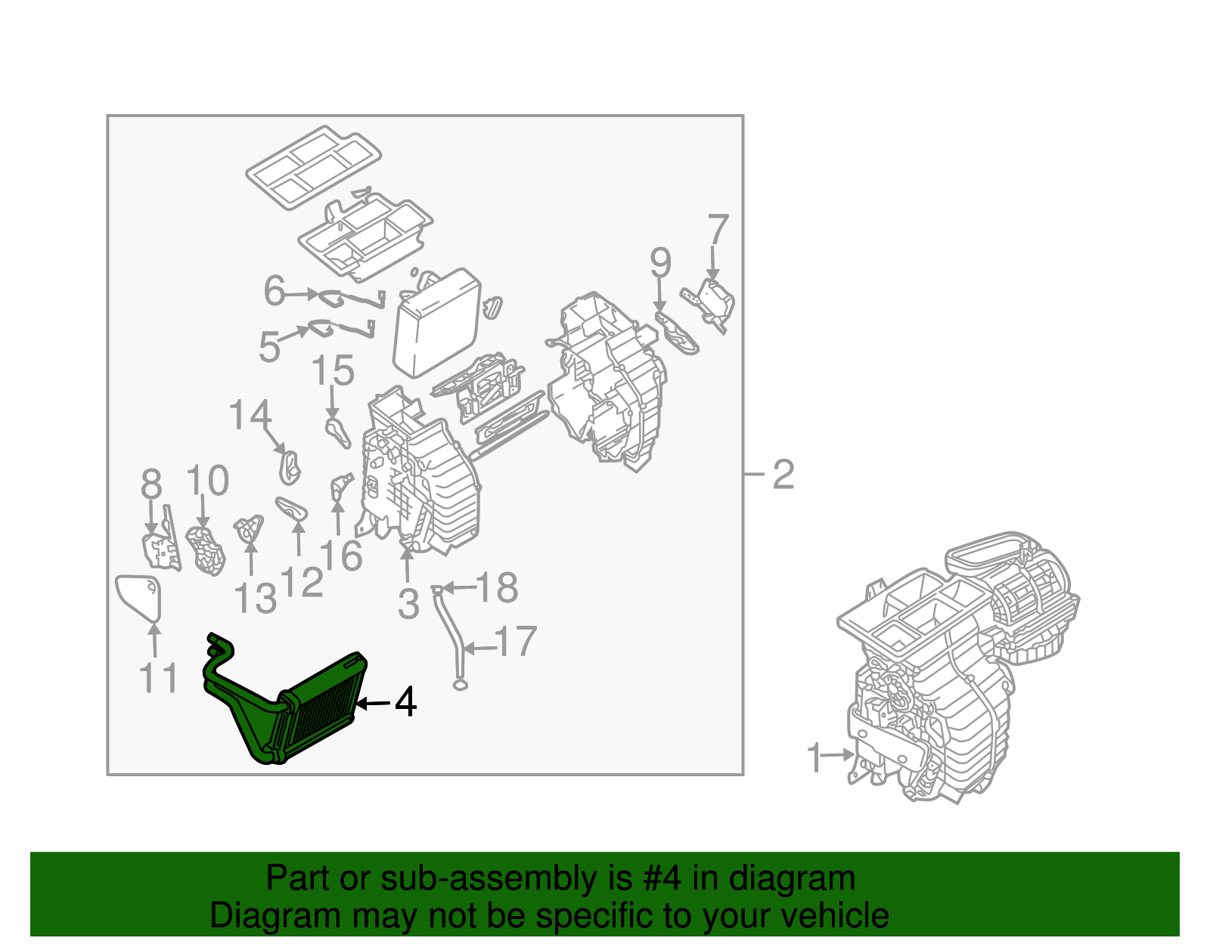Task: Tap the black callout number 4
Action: coord(405,702)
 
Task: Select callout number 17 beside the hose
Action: coord(516,642)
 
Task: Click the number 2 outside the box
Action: coord(783,475)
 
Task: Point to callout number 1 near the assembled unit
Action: coord(814,758)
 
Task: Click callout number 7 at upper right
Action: coord(718,230)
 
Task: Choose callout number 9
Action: coord(660,263)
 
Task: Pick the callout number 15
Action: coord(333,371)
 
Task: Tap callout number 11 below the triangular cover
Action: coord(159,678)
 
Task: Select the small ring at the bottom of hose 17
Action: coord(460,685)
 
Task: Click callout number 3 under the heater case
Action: coord(408,604)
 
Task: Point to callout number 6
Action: coord(274,291)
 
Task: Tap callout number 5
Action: coord(269,347)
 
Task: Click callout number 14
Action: coord(250,416)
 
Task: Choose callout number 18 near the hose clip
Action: coord(497,587)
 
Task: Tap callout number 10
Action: coord(207,481)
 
